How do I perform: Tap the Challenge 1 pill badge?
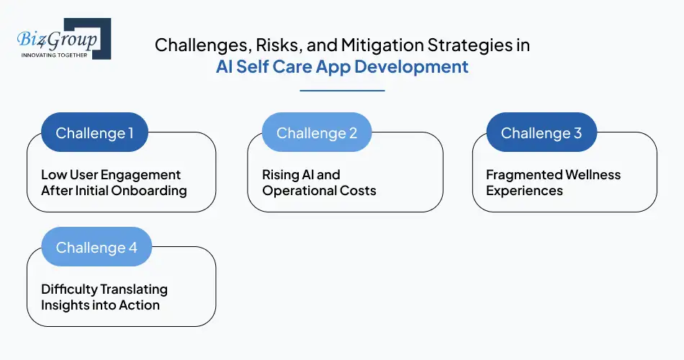95,133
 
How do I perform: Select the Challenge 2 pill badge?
317,133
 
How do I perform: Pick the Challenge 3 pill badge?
541,133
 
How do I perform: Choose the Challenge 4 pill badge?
96,248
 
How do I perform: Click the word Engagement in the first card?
141,175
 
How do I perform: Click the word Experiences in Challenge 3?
525,191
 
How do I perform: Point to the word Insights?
66,305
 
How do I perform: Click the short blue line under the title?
342,91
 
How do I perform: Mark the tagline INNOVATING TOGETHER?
55,55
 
